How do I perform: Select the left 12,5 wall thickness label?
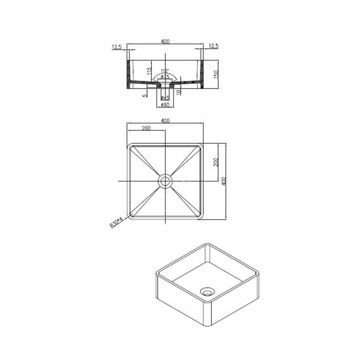[117, 47]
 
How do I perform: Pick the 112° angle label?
[165, 71]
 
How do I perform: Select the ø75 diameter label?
[165, 76]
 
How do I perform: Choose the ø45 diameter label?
[165, 98]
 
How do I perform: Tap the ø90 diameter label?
[165, 105]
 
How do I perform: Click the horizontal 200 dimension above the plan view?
[146, 128]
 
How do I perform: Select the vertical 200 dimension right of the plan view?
[216, 162]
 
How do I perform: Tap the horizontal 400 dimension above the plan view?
[165, 120]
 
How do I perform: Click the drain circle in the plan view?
[165, 181]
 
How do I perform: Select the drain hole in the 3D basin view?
[208, 292]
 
